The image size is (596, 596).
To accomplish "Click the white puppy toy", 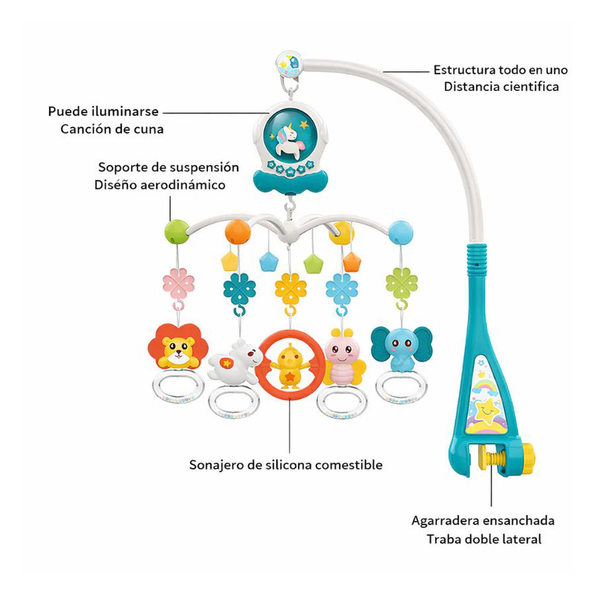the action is [235, 362].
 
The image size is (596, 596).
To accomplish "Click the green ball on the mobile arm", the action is [176, 232].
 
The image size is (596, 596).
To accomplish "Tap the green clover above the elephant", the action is [401, 283].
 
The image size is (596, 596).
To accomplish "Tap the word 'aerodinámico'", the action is [183, 185].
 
